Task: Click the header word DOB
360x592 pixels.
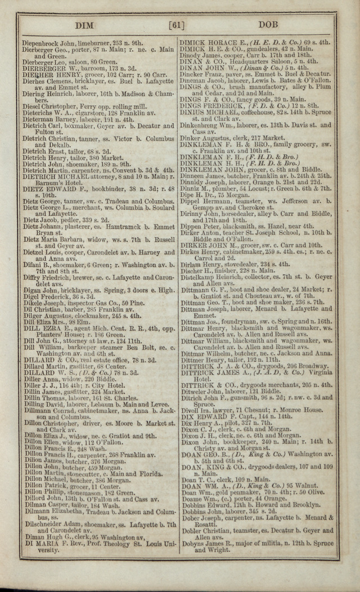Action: tap(272, 25)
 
